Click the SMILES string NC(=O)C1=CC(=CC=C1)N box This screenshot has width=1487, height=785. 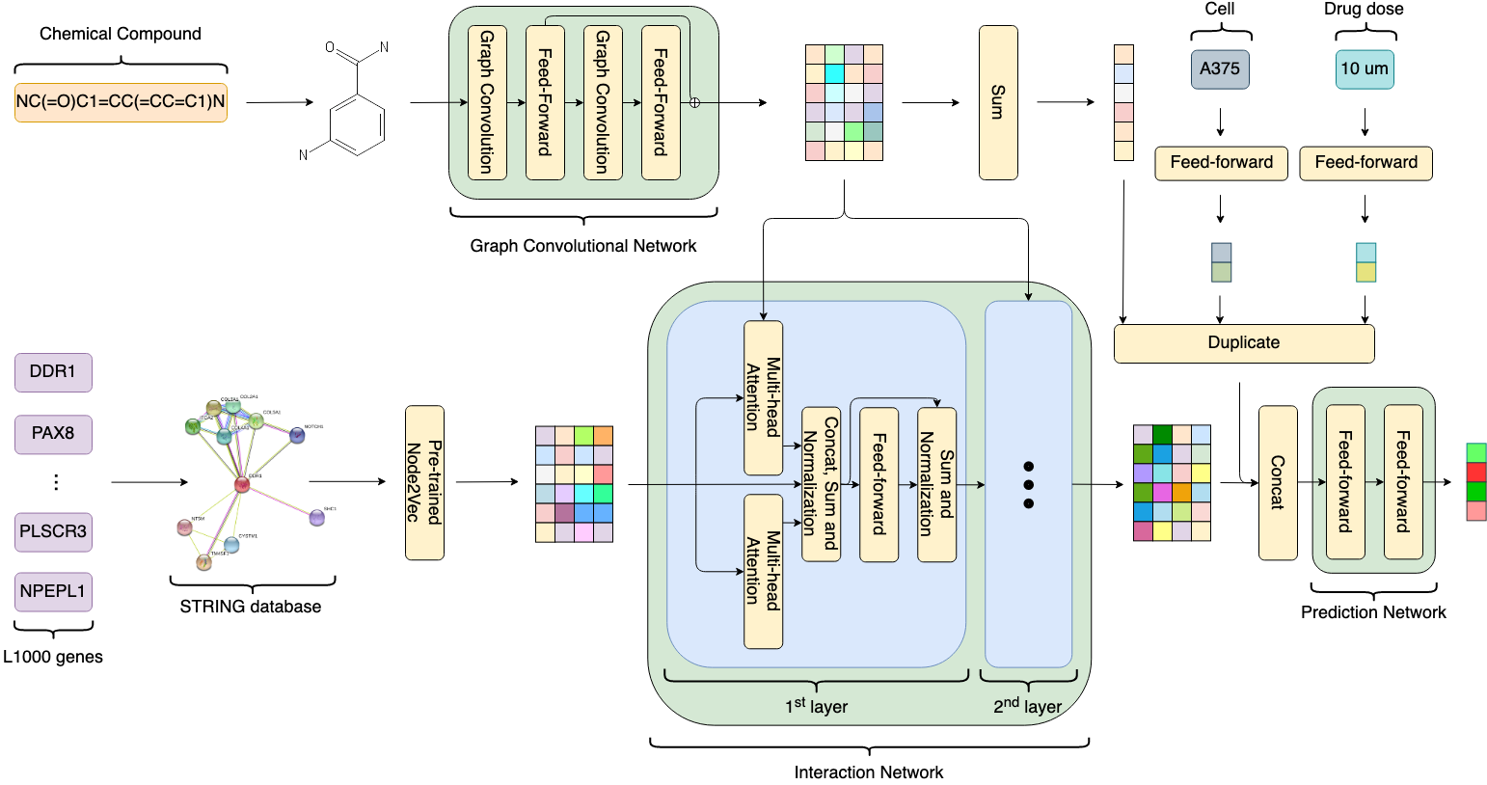121,102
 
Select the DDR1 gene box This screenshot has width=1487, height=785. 53,372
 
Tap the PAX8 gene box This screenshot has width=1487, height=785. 53,434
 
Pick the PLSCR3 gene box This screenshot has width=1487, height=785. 53,531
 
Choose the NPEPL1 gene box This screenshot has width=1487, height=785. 53,591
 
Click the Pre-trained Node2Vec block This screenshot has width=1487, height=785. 424,482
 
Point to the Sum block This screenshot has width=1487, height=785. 998,102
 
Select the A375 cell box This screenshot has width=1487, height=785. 1220,69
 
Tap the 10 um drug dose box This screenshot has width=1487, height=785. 1365,69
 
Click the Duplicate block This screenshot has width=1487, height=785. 1244,343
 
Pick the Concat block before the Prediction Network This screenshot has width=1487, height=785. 1278,482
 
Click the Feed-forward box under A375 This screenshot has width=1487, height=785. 1221,163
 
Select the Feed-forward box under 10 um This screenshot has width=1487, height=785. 1365,163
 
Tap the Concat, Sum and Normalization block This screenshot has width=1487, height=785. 821,483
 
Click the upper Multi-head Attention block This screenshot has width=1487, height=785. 763,397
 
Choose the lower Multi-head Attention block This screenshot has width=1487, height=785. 763,571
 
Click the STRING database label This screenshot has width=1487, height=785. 251,607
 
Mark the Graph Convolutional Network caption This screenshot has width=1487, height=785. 582,246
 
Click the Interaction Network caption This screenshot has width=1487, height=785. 868,772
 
